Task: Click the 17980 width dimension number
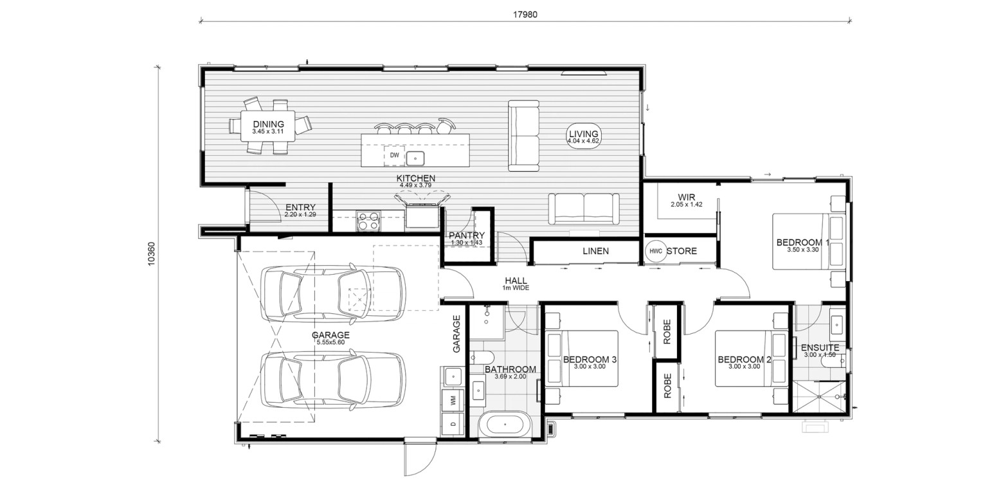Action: coord(525,14)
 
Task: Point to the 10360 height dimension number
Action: coord(151,254)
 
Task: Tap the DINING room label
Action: coord(268,124)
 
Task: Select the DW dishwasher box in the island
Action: coord(394,156)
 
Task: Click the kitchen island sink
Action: coord(415,158)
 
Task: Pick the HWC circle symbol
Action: coord(656,252)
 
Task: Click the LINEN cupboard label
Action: coord(595,252)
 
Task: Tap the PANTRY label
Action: coord(467,235)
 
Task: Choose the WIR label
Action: coord(687,197)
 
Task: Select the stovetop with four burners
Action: coord(368,221)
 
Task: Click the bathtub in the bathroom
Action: coord(505,424)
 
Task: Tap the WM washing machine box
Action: coord(453,401)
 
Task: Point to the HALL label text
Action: coord(516,281)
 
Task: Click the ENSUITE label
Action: coord(820,347)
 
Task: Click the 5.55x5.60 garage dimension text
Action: coord(330,342)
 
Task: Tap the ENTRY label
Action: coord(300,207)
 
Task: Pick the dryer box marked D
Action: coord(453,424)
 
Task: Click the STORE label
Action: coord(682,252)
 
